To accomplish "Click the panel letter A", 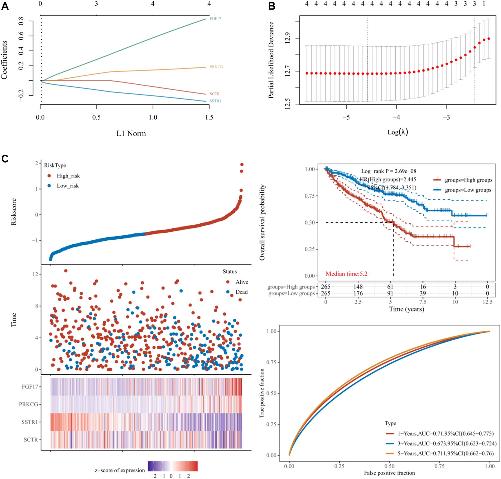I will coord(5,6).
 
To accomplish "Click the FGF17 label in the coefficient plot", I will coord(215,19).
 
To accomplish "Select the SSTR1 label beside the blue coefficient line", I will coord(215,101).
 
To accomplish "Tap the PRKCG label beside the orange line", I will coord(216,67).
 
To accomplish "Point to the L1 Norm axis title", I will coord(131,134).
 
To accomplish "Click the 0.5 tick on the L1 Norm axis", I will coord(96,117).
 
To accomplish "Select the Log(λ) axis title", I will coord(398,132).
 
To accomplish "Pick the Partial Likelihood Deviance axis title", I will coord(271,60).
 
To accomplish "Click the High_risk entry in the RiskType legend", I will coord(68,176).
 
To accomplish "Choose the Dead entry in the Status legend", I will coord(241,292).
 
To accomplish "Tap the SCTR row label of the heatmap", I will coord(31,439).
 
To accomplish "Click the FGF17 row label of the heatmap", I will coord(30,387).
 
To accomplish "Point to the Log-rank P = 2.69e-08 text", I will coord(388,171).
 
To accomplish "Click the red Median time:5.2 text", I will coord(346,274).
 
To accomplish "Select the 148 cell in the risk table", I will coord(358,287).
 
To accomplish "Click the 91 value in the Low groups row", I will coord(390,293).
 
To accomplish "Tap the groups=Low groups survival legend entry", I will coord(468,190).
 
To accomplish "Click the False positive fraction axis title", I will coord(389,473).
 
